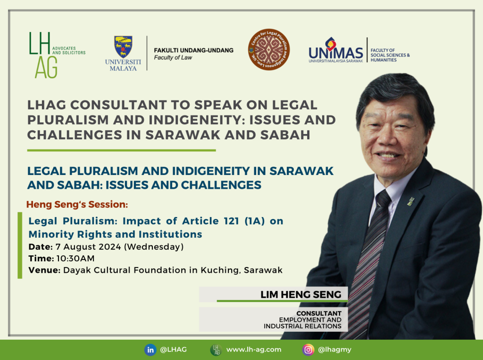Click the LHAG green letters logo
tap(43, 55)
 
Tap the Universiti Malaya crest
tap(123, 47)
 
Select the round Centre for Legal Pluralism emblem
tap(268, 50)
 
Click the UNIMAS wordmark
tap(336, 53)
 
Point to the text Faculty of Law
tap(173, 58)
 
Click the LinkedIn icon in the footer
tap(150, 350)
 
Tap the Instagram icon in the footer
tap(308, 350)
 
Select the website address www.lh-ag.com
tap(254, 350)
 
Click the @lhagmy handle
tap(334, 350)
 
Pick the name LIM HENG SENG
tap(301, 295)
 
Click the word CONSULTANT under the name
tap(319, 313)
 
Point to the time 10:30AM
tap(75, 258)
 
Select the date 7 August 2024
tap(88, 247)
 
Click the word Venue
tap(44, 270)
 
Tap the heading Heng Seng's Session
tap(77, 204)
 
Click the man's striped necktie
tap(369, 262)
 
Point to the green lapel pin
tap(410, 201)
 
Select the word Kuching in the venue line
tap(220, 270)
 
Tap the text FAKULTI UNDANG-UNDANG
tap(194, 50)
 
